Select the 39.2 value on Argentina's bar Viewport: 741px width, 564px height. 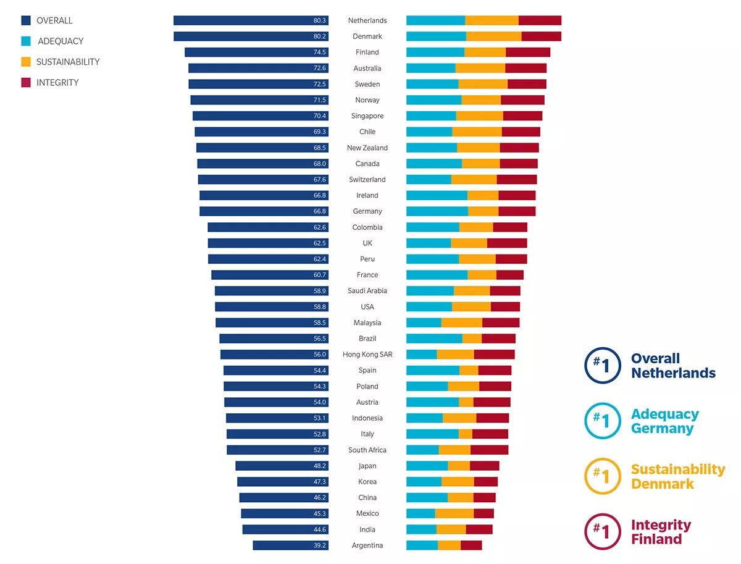click(x=320, y=545)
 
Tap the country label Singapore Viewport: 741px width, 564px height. click(x=367, y=116)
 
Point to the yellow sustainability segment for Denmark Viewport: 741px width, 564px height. click(x=493, y=36)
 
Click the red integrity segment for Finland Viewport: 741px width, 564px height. click(x=528, y=53)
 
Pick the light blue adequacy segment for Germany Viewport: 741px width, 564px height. click(x=437, y=211)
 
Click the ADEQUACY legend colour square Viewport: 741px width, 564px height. click(x=26, y=41)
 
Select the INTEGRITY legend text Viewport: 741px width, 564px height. click(x=57, y=83)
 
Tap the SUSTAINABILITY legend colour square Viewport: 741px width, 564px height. click(x=26, y=62)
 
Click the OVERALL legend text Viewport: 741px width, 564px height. click(x=54, y=20)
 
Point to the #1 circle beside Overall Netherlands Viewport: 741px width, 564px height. click(x=602, y=365)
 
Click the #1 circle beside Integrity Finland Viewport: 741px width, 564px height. click(x=602, y=532)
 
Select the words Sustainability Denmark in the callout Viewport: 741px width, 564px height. click(x=677, y=476)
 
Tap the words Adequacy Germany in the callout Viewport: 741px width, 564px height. click(x=664, y=421)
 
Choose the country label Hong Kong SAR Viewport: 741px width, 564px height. click(x=367, y=355)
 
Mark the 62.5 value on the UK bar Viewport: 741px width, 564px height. click(x=320, y=243)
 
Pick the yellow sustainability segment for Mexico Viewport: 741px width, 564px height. click(x=454, y=513)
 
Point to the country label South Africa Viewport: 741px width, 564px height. click(x=367, y=450)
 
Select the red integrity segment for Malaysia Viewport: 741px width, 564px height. click(x=501, y=322)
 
